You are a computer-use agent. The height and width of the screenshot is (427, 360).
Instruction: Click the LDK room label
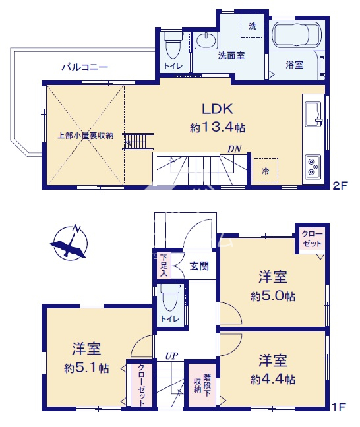click(217, 109)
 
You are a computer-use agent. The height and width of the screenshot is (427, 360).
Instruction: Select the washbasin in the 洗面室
click(206, 40)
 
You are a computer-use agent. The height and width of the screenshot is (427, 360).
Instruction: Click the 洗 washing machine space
click(253, 26)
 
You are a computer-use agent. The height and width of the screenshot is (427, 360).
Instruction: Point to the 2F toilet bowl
click(173, 45)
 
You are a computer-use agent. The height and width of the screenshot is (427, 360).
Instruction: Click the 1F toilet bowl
click(170, 299)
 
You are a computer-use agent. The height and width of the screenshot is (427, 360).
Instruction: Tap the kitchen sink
click(313, 115)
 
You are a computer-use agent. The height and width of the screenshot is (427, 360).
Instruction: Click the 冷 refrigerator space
click(265, 171)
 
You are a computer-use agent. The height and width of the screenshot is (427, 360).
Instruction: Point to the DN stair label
click(234, 149)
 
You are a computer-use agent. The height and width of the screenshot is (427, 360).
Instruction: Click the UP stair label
click(171, 356)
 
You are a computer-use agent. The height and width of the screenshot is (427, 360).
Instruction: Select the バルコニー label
click(85, 67)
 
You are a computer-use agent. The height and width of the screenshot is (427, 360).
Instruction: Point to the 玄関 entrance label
click(199, 266)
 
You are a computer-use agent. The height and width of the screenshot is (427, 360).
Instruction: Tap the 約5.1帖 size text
click(86, 368)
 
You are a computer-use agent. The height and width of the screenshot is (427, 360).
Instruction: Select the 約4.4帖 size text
click(272, 379)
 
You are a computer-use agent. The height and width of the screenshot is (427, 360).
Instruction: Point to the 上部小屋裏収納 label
click(85, 135)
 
